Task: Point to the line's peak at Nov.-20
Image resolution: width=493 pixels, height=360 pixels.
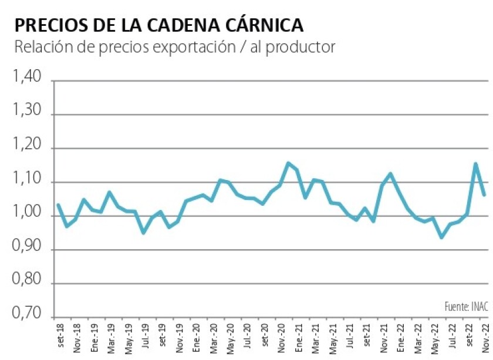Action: point(288,163)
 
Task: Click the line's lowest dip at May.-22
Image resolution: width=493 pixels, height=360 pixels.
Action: point(441,237)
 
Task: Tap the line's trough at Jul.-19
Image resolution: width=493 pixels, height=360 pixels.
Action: point(143,233)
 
